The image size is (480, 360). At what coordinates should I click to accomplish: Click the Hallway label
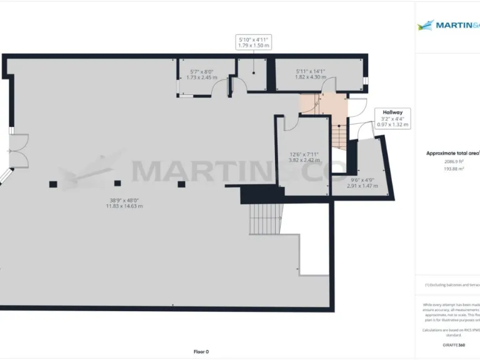393,112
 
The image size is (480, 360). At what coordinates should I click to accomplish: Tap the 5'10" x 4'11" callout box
253,42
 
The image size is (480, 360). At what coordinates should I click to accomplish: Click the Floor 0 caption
201,352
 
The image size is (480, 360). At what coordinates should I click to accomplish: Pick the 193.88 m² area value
453,169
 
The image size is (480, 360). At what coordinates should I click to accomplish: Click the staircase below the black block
266,219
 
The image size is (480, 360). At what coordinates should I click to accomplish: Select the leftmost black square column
53,184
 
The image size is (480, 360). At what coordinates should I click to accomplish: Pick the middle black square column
117,184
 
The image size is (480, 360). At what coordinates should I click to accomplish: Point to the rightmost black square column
181,184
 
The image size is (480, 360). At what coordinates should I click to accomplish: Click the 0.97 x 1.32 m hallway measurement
393,125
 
